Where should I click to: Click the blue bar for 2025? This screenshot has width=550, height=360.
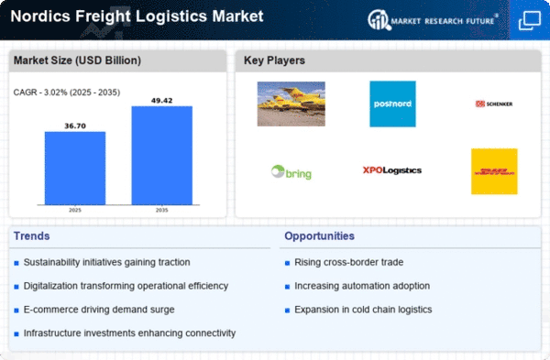click(x=75, y=169)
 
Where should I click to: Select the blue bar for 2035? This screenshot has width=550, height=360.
click(x=161, y=156)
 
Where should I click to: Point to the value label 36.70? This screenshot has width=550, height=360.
click(x=75, y=125)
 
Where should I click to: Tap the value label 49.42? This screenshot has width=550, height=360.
click(x=161, y=101)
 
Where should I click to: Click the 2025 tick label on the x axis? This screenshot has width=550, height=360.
click(x=75, y=210)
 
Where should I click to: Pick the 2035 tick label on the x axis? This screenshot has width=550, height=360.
click(x=161, y=210)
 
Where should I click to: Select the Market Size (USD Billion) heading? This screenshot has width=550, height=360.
click(x=77, y=60)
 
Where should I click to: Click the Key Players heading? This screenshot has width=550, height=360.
click(x=274, y=60)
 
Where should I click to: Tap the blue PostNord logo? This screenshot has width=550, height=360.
click(x=392, y=104)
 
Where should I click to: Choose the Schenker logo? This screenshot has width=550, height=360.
click(x=494, y=104)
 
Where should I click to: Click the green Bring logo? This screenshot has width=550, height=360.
click(x=291, y=172)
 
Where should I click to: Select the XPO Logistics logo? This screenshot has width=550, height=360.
click(x=392, y=170)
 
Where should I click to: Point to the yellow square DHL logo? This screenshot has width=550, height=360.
click(x=494, y=171)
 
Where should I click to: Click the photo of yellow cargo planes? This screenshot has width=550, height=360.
click(x=291, y=104)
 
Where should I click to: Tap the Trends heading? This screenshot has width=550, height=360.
click(x=31, y=236)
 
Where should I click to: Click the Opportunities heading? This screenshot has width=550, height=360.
click(x=319, y=236)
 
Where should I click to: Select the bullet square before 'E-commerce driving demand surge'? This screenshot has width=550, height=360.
click(x=16, y=311)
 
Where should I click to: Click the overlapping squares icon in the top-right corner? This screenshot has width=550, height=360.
click(x=530, y=20)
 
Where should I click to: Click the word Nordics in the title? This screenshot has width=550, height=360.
click(x=40, y=16)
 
